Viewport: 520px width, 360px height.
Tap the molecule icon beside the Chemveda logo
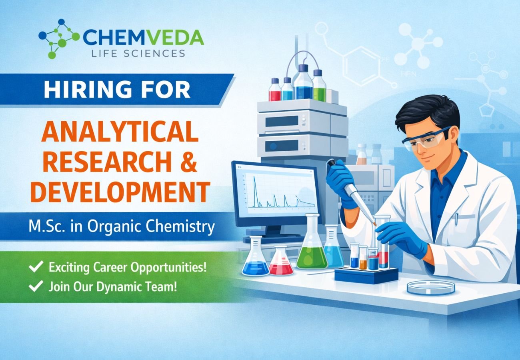click(59, 38)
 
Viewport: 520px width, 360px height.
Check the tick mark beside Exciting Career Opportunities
click(36, 267)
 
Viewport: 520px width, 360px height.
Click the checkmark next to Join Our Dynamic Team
click(36, 286)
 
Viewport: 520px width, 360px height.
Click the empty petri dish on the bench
click(431, 287)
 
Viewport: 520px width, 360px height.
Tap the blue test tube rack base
click(366, 275)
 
